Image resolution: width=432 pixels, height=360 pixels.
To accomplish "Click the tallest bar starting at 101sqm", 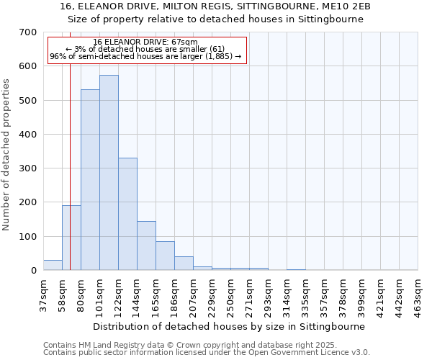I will tap(109, 173).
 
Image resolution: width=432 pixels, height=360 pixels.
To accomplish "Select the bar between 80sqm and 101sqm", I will tap(90, 180).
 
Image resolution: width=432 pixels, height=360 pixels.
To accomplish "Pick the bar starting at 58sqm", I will tap(71, 238).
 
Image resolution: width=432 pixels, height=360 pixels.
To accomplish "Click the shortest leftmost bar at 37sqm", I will tap(53, 265).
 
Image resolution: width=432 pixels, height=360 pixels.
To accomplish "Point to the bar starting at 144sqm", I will tap(146, 246).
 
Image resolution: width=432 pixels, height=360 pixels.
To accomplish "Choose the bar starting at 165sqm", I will tap(165, 256).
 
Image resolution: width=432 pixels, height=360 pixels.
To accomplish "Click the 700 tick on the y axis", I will tap(28, 32).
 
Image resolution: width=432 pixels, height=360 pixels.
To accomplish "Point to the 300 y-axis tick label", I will tap(28, 168).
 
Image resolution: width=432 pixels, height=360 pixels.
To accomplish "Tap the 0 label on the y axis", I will tap(33, 271).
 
